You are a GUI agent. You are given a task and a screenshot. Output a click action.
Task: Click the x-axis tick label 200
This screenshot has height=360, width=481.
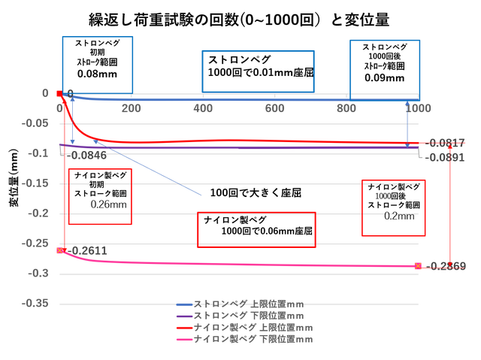point(131,108)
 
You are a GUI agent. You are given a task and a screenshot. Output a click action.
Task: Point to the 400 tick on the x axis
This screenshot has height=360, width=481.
point(202,108)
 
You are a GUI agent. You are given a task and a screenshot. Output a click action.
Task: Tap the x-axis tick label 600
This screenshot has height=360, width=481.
point(274,108)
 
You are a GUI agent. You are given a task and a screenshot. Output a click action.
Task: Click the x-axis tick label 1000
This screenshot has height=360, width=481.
point(418,108)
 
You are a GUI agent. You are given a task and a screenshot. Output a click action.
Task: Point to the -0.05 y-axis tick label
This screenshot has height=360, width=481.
point(35,123)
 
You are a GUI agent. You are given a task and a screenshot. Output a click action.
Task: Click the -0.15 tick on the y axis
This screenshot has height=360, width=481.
point(35,183)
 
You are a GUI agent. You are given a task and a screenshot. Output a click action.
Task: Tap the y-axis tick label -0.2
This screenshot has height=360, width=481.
point(38,213)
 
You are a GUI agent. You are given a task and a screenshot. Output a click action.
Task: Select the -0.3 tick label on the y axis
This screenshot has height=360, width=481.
point(38,273)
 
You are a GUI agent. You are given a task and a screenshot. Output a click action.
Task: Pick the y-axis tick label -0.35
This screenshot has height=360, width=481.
point(35,303)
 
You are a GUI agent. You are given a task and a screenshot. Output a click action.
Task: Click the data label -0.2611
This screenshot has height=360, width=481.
point(89,250)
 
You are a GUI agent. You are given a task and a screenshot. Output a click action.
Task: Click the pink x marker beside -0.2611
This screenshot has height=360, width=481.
point(60,250)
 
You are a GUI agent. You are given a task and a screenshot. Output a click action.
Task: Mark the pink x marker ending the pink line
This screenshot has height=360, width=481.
point(418,266)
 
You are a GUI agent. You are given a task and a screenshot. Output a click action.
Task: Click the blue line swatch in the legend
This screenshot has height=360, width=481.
point(184,304)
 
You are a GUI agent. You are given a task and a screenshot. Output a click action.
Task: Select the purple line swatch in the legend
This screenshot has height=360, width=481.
point(184,316)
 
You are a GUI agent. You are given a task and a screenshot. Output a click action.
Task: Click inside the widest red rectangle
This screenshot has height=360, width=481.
point(256,230)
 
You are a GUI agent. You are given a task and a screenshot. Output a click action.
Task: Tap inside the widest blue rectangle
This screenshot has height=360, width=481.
point(257,71)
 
